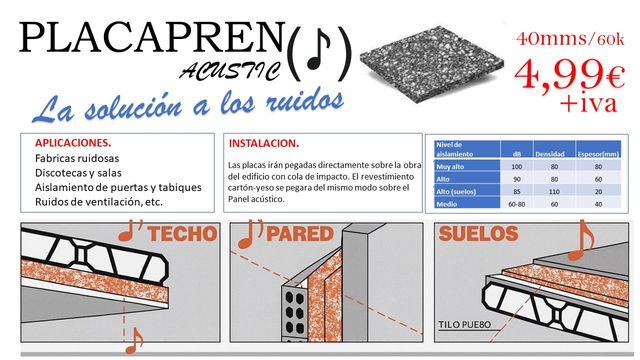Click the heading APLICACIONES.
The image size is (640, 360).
tap(73, 143)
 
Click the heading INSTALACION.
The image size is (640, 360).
tap(264, 142)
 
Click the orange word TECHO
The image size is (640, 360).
tap(182, 236)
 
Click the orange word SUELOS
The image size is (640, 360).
tap(479, 235)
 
